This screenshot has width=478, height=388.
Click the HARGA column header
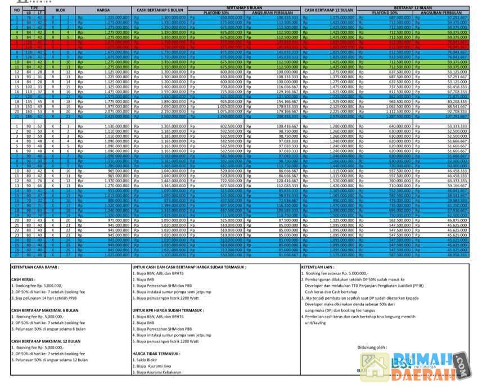103,10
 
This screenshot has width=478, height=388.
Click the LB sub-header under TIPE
29,12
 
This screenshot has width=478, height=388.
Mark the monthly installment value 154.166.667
287,101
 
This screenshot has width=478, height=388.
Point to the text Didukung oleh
373,347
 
